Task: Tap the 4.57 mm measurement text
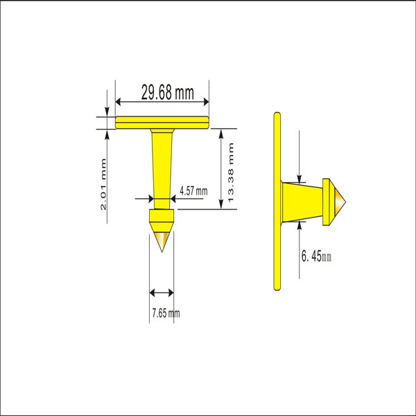193,191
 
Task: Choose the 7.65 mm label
165,313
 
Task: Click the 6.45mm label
317,257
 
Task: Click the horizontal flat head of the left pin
162,123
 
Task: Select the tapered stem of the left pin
162,163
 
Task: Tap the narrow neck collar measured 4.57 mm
162,203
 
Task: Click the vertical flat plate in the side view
277,201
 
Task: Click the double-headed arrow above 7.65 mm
162,293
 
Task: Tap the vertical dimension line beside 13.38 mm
221,168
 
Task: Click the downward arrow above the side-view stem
299,177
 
